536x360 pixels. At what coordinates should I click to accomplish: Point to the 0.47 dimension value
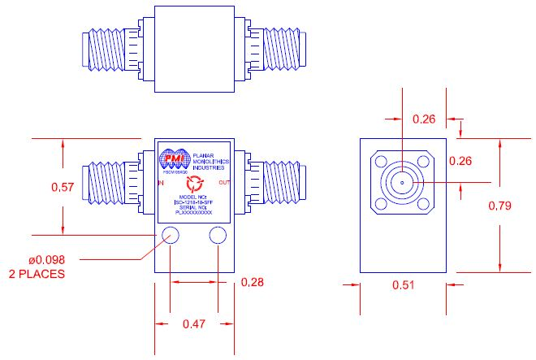pos(193,324)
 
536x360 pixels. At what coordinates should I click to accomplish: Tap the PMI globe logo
pos(173,159)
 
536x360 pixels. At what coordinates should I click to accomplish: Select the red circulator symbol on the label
pos(193,185)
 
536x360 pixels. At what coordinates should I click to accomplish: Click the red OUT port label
pos(225,184)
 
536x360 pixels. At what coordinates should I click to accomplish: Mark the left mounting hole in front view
pos(171,236)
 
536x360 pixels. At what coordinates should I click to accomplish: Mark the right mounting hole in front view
pos(218,236)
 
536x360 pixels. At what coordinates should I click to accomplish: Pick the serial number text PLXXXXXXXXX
pos(193,212)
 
